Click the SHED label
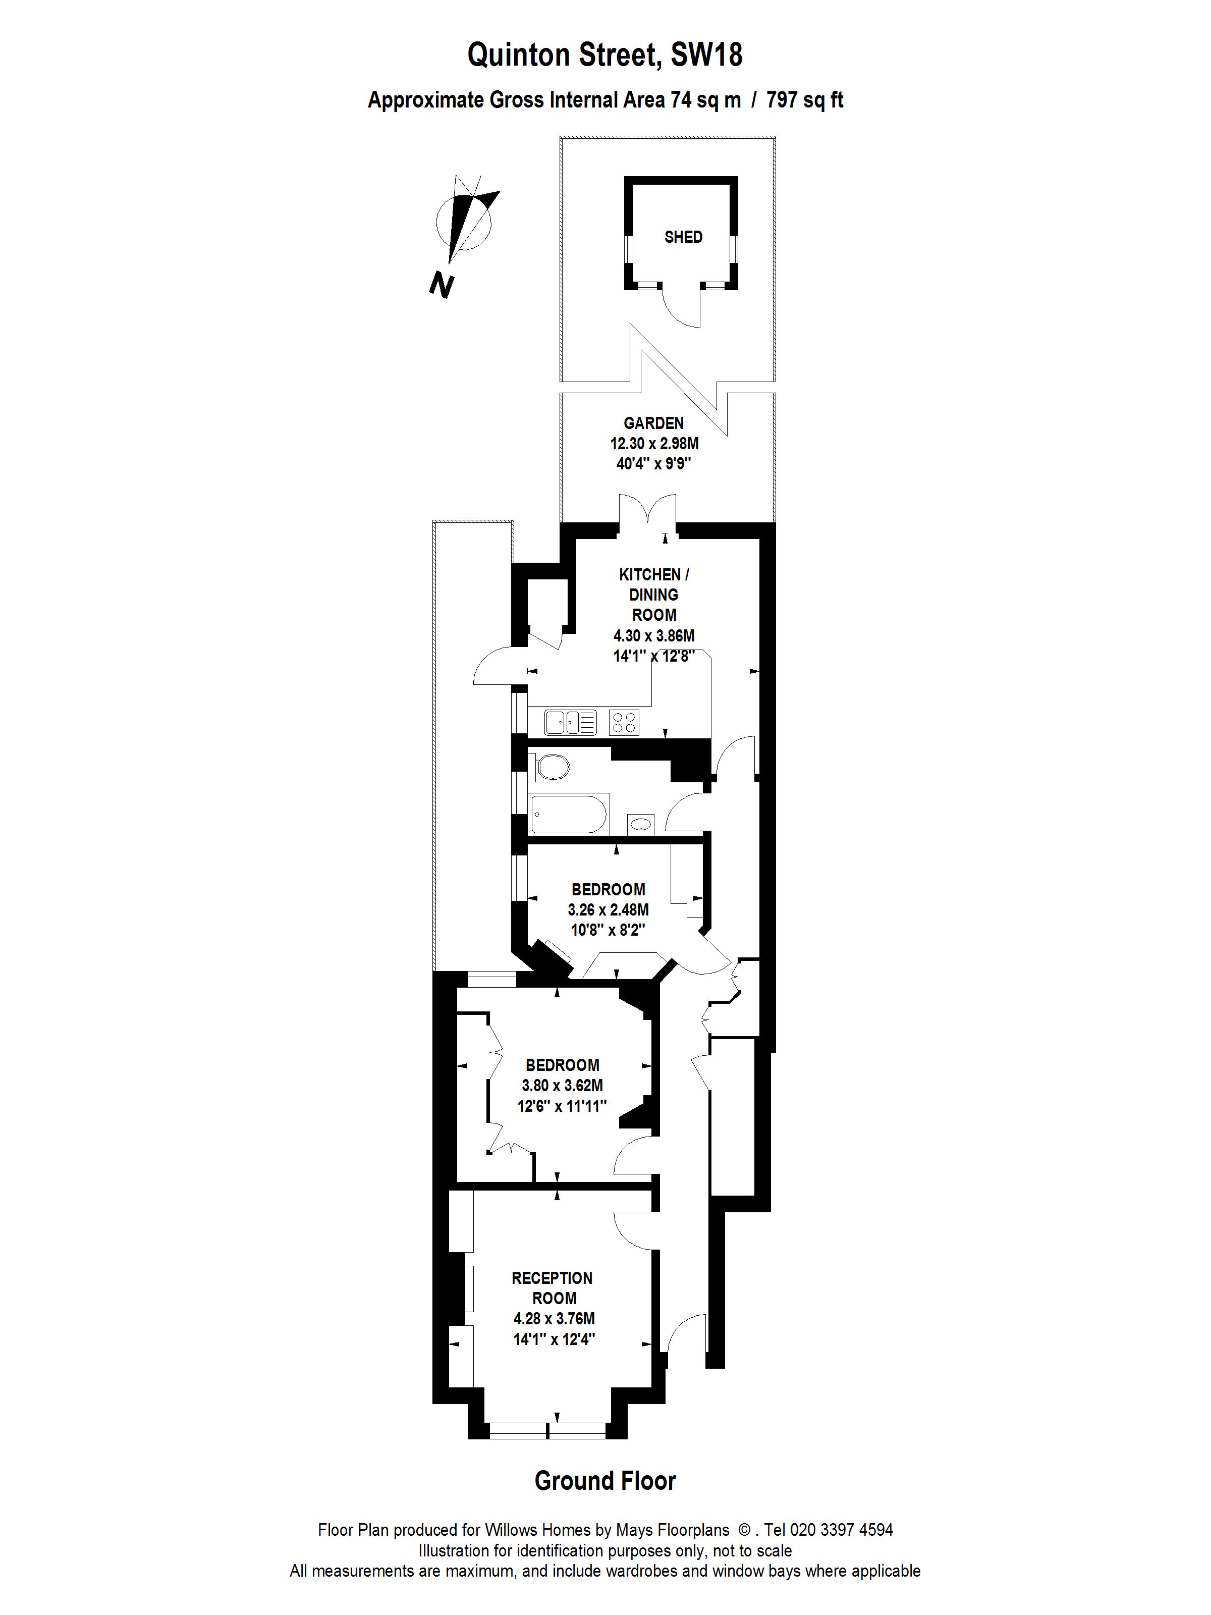point(683,237)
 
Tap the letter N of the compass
point(442,284)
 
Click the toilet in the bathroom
point(553,767)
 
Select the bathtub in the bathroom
point(568,814)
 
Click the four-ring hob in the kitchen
point(623,722)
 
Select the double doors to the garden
point(647,511)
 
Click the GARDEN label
point(653,423)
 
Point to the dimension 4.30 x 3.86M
point(653,635)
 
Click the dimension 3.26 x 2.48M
point(608,910)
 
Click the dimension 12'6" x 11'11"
point(561,1106)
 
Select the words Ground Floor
point(604,1481)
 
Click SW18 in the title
point(706,55)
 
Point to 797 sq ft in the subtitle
point(804,100)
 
